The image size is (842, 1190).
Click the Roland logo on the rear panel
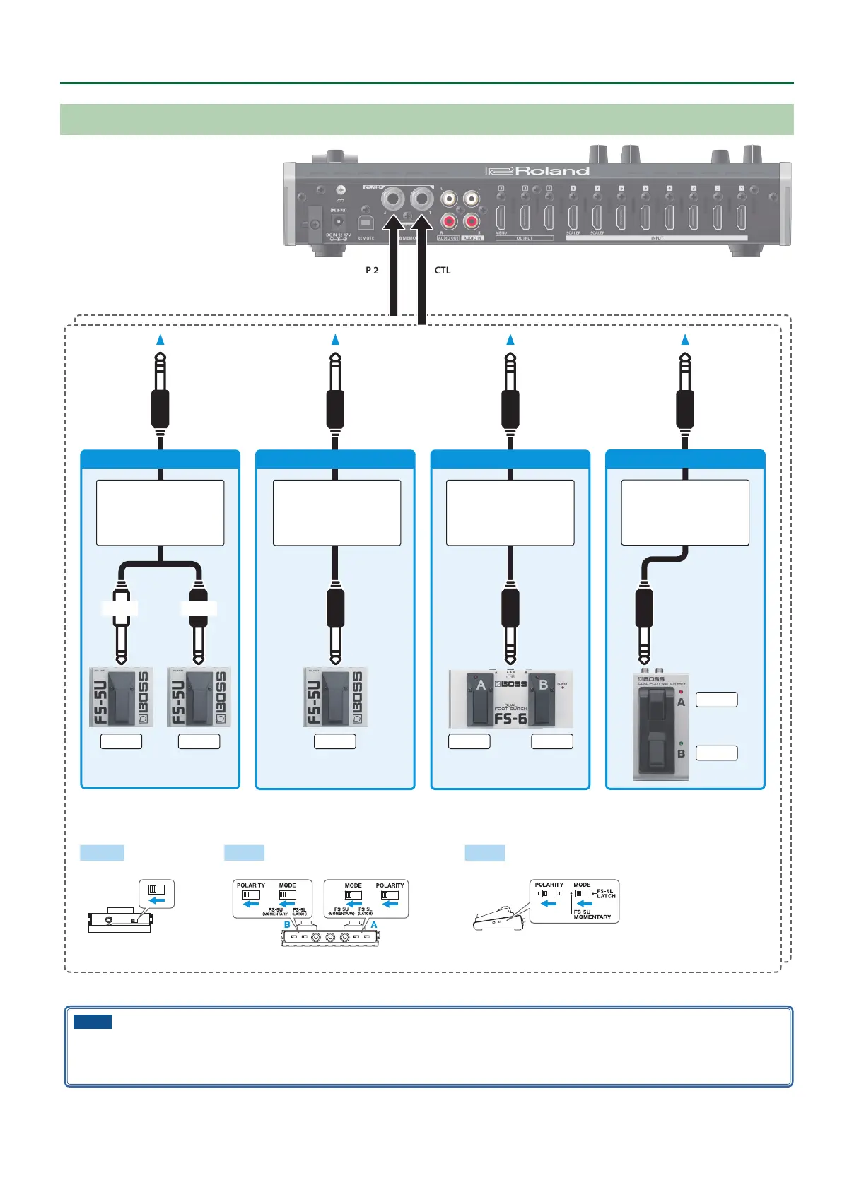coord(537,170)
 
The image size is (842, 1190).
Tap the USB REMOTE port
coord(366,222)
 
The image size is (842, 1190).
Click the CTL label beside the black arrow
coord(443,270)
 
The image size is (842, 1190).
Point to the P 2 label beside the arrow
coord(372,270)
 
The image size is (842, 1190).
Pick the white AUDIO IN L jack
coord(471,199)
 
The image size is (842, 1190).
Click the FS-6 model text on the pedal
coord(511,719)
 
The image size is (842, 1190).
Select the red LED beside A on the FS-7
coord(681,692)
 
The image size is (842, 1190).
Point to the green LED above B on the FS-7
coord(681,743)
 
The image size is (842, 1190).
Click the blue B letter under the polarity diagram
coord(287,924)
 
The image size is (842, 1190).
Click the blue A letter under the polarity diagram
coord(374,924)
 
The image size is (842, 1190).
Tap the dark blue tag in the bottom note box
coord(93,1021)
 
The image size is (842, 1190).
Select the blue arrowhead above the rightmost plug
coord(685,340)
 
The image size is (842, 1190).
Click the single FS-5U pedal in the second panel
coord(335,697)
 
